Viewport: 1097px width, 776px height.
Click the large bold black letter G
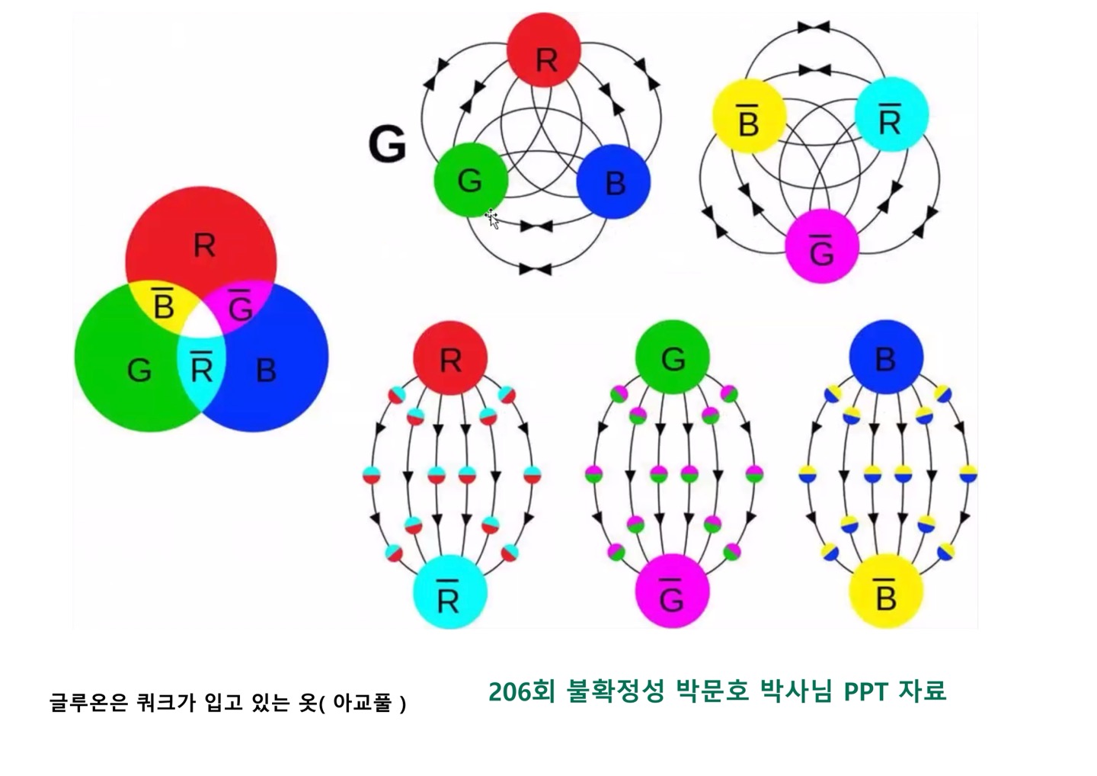click(x=387, y=145)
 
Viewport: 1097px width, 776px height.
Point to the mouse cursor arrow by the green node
click(x=491, y=220)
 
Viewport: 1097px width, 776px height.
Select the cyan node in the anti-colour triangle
click(x=891, y=116)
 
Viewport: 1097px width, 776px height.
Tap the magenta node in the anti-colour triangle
click(x=822, y=245)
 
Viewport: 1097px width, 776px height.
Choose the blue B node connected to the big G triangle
click(x=613, y=181)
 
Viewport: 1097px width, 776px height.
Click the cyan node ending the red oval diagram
click(x=449, y=592)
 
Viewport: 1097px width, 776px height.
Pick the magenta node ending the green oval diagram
click(x=672, y=592)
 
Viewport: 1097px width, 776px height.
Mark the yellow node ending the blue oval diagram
click(x=885, y=592)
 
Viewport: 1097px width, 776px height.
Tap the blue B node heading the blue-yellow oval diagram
click(x=885, y=358)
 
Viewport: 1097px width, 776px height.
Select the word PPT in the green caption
click(x=866, y=691)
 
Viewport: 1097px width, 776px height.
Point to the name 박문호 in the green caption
click(x=713, y=691)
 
